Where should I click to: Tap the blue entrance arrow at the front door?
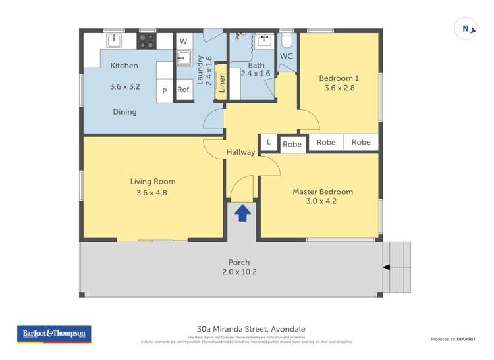click(x=242, y=212)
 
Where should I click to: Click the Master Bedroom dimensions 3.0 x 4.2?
click(x=323, y=201)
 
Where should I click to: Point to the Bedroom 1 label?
click(x=340, y=78)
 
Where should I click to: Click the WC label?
click(x=287, y=57)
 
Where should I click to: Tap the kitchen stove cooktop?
click(x=146, y=41)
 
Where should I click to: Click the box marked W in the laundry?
click(x=183, y=41)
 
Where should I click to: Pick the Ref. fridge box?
click(x=184, y=91)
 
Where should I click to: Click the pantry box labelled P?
click(x=165, y=91)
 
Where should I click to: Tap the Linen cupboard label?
click(x=222, y=83)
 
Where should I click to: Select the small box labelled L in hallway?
click(x=268, y=141)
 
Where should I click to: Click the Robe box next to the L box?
click(x=292, y=144)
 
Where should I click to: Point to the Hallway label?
click(x=240, y=152)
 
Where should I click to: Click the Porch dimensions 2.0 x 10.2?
click(x=238, y=272)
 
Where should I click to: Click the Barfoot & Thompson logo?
click(x=53, y=334)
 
